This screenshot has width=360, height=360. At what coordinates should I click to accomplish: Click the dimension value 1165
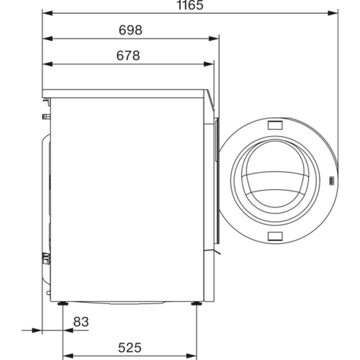190,5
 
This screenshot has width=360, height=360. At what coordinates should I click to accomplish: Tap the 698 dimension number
130,30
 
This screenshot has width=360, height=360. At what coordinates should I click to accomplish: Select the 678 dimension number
128,55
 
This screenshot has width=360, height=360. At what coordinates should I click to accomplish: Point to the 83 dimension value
81,322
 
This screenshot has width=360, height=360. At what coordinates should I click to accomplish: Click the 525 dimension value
130,348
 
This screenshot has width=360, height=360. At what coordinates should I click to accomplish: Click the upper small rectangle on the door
275,125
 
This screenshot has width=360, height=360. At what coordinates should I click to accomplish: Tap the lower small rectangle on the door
275,236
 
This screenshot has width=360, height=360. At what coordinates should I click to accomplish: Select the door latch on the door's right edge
332,181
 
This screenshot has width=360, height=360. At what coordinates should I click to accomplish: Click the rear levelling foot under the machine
63,304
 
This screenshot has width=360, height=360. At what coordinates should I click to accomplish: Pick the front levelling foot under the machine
197,304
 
